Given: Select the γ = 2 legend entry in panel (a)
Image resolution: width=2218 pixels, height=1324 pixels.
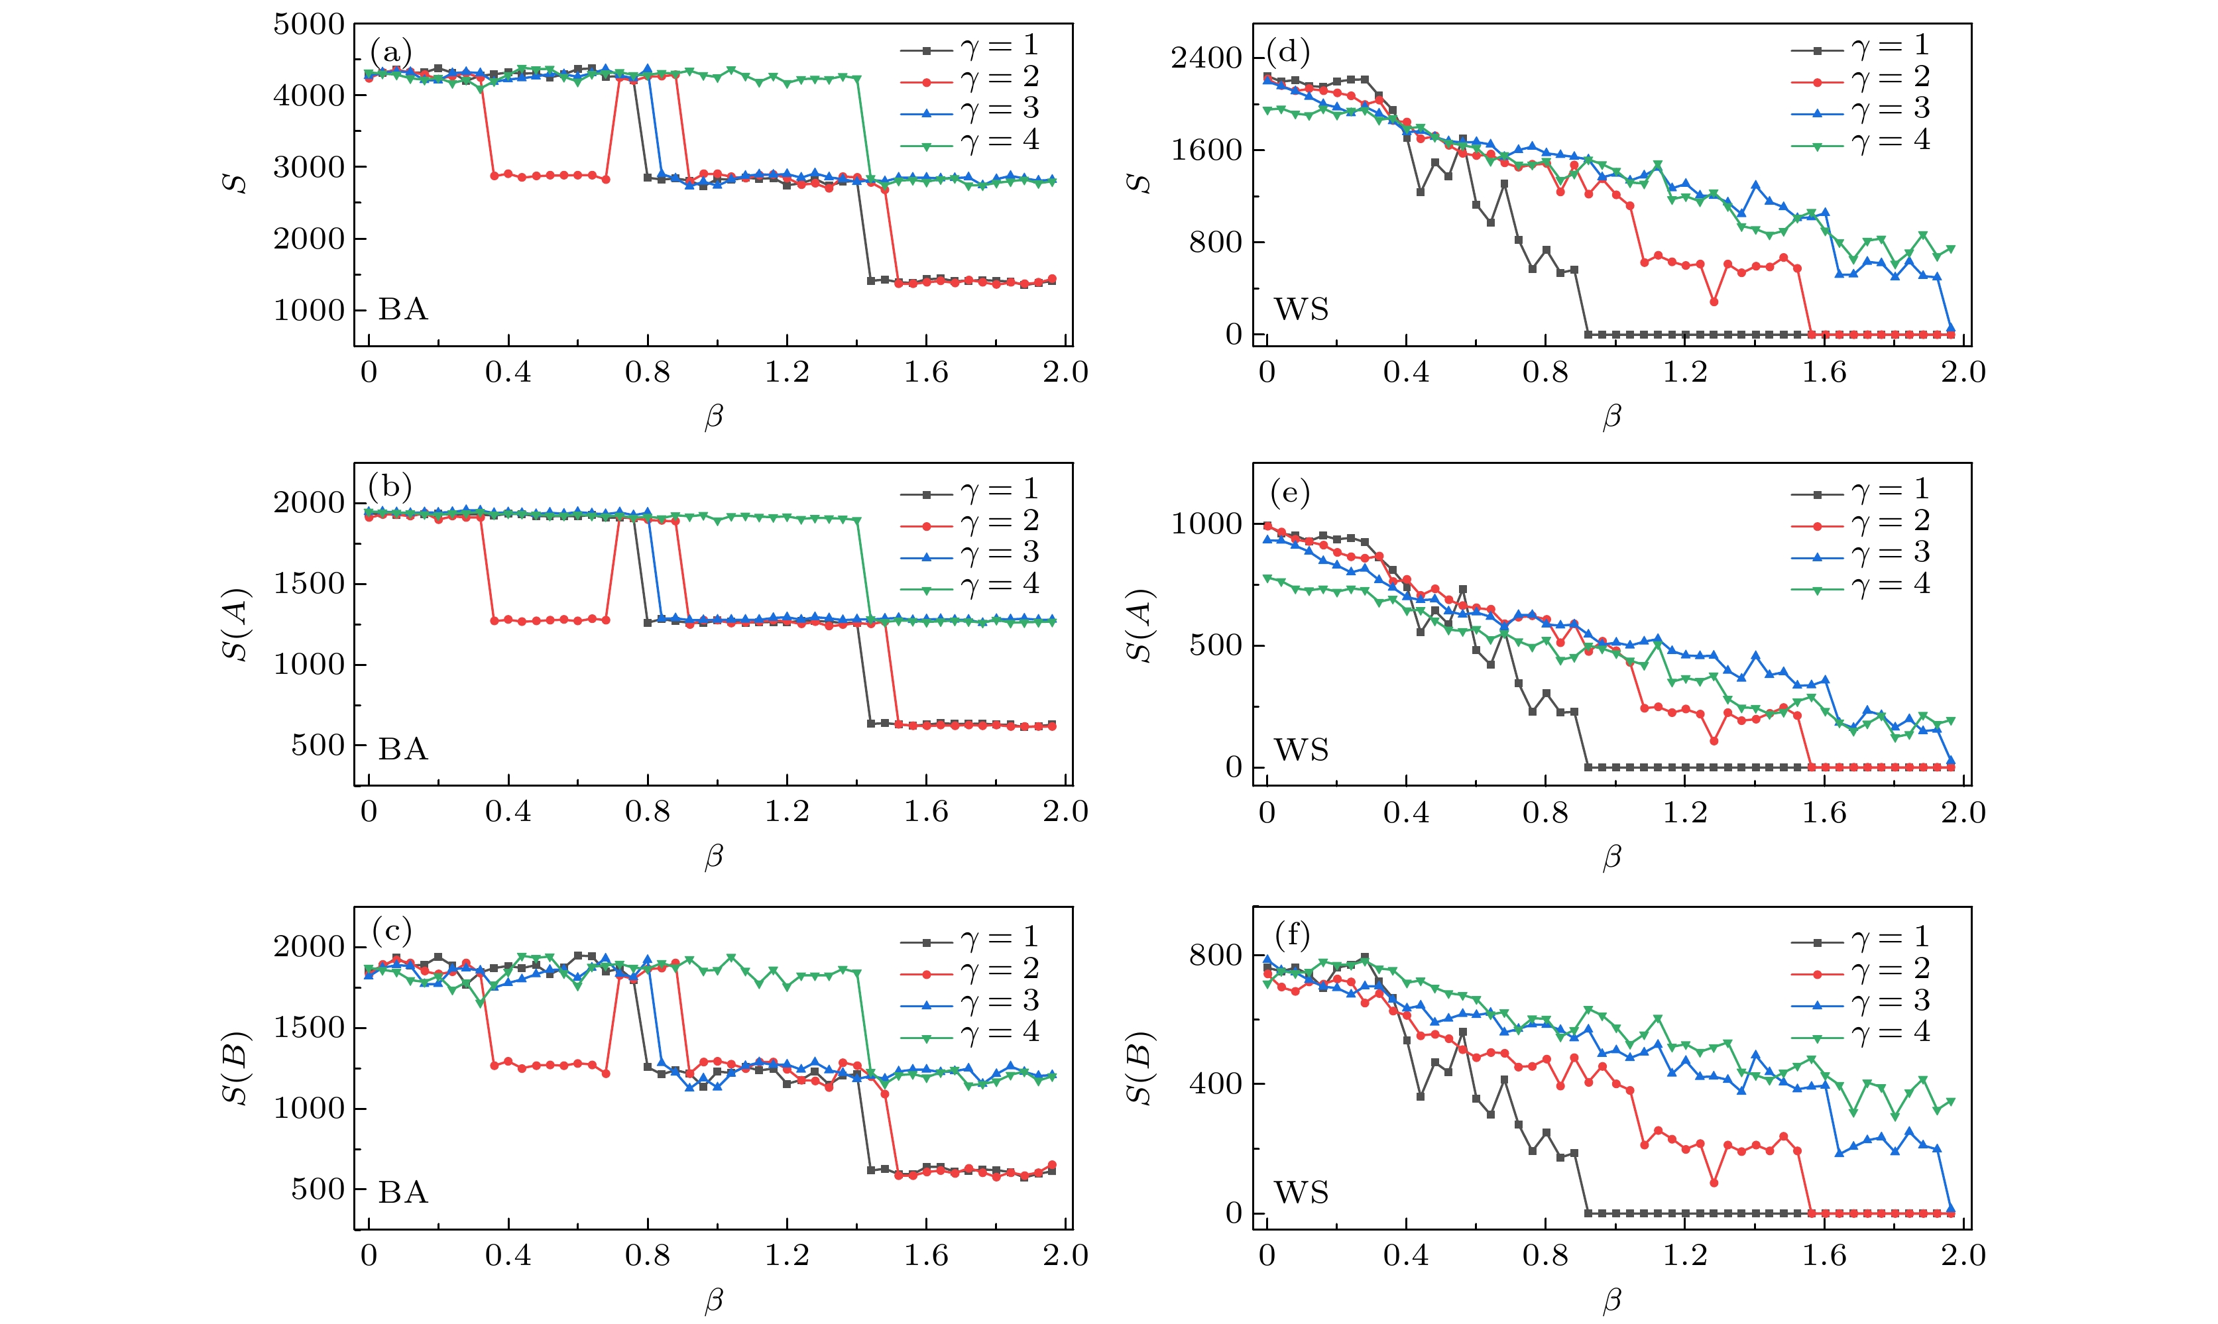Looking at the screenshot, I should (x=970, y=78).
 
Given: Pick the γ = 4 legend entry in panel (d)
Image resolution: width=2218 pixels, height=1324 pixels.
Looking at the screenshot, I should (x=1861, y=141).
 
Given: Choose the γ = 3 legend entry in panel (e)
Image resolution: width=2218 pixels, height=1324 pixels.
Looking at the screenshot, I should (x=1861, y=553).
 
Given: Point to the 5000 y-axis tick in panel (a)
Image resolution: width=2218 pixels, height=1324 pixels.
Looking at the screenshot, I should (x=309, y=25).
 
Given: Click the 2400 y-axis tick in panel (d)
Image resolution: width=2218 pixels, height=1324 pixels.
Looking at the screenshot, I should (x=1206, y=58).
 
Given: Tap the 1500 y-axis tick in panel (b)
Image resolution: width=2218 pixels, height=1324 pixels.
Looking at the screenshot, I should (x=309, y=584).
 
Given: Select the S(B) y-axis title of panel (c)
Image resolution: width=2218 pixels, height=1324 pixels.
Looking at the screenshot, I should (x=235, y=1068).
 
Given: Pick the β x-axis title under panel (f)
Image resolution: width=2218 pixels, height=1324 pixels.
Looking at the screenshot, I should (x=1611, y=1300).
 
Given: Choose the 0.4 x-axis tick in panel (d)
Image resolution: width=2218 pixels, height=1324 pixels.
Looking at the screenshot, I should (x=1406, y=372).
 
